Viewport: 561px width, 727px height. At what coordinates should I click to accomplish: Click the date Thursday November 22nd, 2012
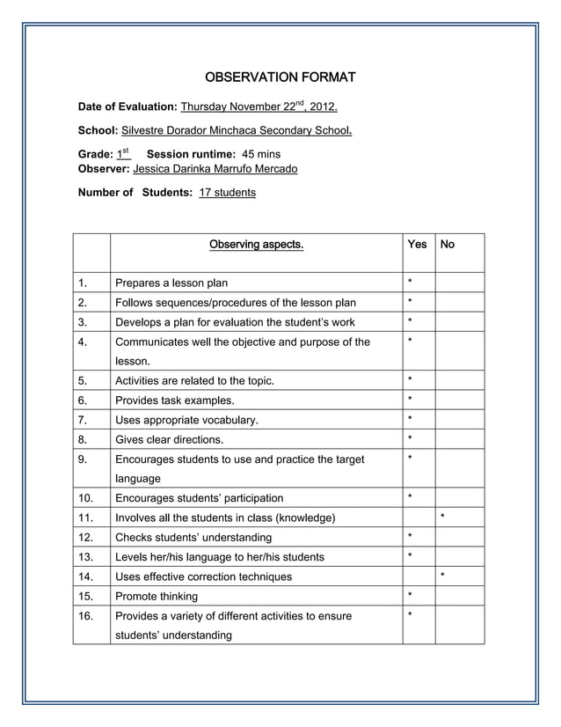pyautogui.click(x=259, y=107)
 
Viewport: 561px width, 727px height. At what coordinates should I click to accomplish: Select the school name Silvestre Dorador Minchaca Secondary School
pyautogui.click(x=237, y=130)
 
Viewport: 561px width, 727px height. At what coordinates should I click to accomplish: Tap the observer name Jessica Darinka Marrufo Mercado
pyautogui.click(x=215, y=168)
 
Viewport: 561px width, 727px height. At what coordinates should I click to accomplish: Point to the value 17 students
pyautogui.click(x=227, y=192)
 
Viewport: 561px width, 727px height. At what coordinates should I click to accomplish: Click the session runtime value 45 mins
pyautogui.click(x=261, y=154)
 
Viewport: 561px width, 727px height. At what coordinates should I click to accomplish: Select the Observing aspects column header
pyautogui.click(x=256, y=245)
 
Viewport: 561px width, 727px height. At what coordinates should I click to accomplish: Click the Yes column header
pyautogui.click(x=417, y=245)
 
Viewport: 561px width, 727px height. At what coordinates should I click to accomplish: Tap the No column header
pyautogui.click(x=447, y=245)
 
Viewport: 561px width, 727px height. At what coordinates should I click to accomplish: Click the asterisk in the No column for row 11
pyautogui.click(x=443, y=517)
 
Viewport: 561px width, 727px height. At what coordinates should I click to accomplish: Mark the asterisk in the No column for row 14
pyautogui.click(x=443, y=576)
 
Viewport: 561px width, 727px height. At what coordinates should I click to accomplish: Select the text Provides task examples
pyautogui.click(x=175, y=400)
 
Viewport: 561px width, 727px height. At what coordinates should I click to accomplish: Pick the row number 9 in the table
pyautogui.click(x=82, y=459)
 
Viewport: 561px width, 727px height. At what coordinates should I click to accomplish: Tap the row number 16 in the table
pyautogui.click(x=85, y=616)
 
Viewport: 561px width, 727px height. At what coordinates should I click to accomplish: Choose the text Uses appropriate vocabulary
pyautogui.click(x=186, y=420)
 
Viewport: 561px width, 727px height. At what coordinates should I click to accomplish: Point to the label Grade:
pyautogui.click(x=95, y=154)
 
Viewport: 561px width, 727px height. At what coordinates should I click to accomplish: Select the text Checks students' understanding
pyautogui.click(x=193, y=537)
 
